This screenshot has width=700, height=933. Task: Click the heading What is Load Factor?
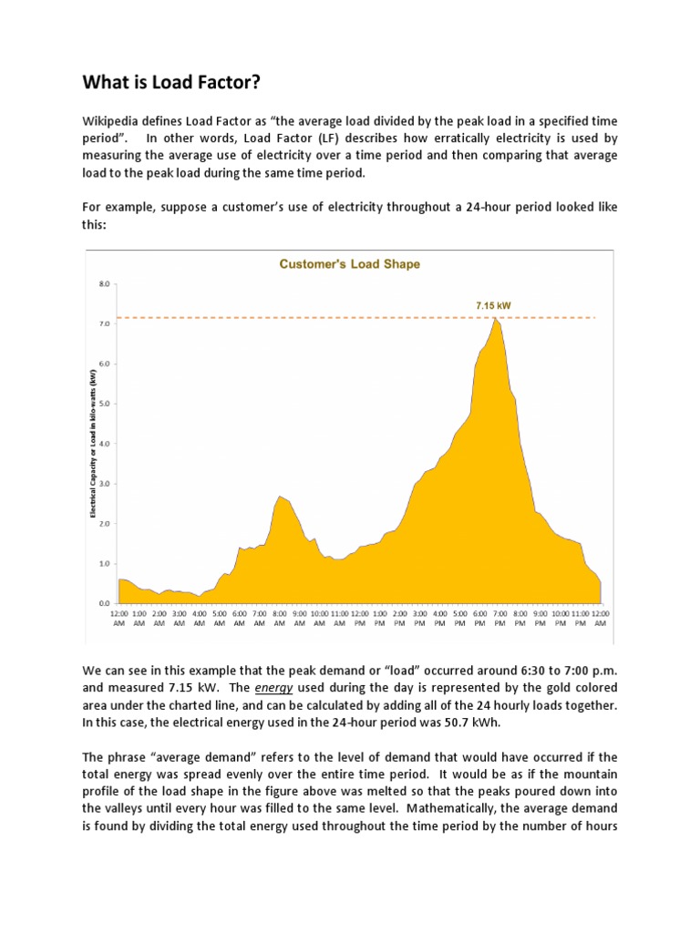[x=171, y=84]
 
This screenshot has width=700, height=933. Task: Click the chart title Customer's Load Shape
[x=349, y=264]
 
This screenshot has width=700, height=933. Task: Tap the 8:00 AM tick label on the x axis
[x=280, y=619]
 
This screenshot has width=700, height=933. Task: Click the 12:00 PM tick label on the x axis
[x=360, y=619]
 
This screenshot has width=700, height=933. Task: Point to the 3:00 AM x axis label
[x=180, y=619]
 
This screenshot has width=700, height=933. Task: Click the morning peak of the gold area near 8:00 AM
[x=281, y=497]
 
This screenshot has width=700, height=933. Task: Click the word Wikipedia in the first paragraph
[x=112, y=121]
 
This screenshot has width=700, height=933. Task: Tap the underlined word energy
[x=289, y=687]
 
